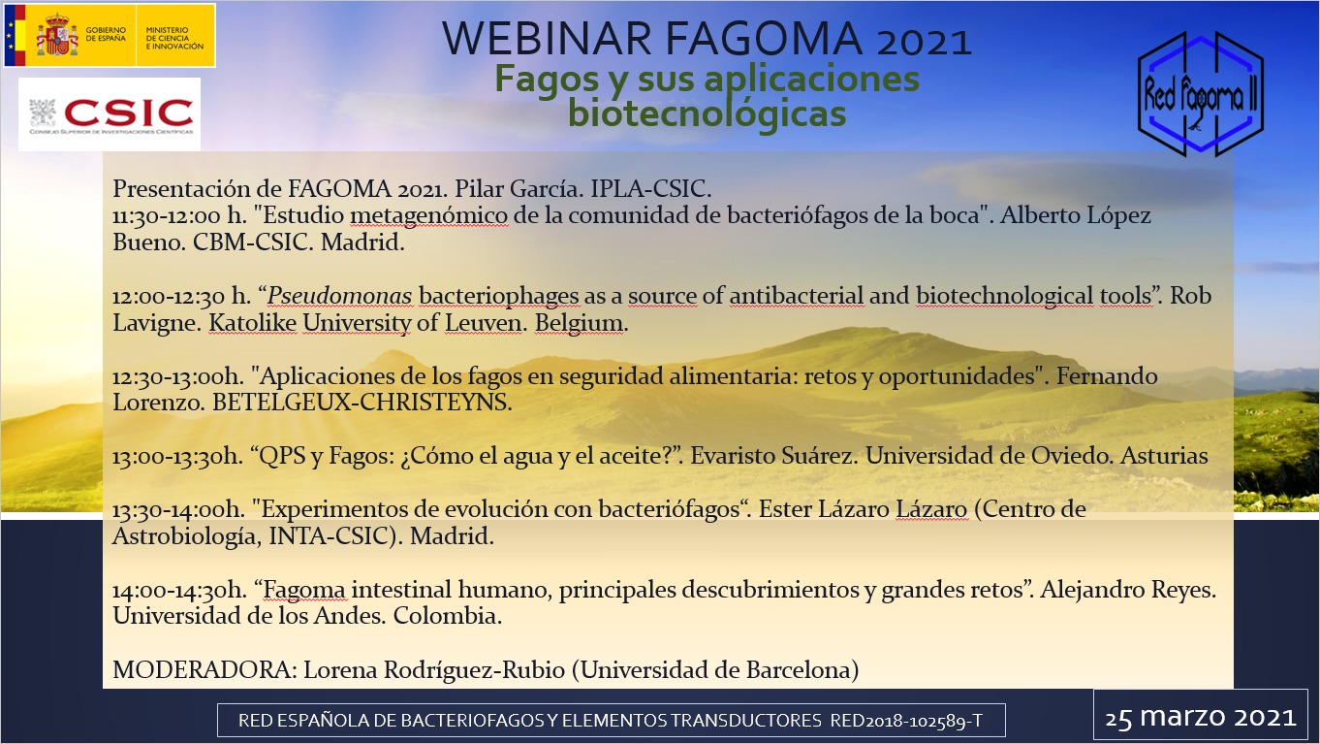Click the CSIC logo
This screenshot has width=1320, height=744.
coord(110,114)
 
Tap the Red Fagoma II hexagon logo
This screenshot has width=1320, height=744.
coord(1201,94)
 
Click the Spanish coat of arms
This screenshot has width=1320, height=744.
coord(57,35)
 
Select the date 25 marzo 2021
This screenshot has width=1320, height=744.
coord(1201,717)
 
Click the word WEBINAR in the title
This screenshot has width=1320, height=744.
coord(547,39)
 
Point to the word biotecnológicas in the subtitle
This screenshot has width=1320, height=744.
coord(707,113)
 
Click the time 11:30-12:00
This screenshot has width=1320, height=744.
coord(167,216)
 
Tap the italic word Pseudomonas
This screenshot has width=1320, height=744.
coord(339,296)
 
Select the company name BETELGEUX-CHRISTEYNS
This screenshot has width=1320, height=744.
coord(361,403)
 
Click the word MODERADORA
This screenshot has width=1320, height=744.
coord(204,669)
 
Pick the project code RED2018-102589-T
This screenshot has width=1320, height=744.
coord(906,721)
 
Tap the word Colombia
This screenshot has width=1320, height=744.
coord(447,616)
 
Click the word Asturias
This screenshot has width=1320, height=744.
coord(1164,456)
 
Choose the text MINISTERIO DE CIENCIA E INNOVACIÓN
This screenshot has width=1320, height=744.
coord(174,38)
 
